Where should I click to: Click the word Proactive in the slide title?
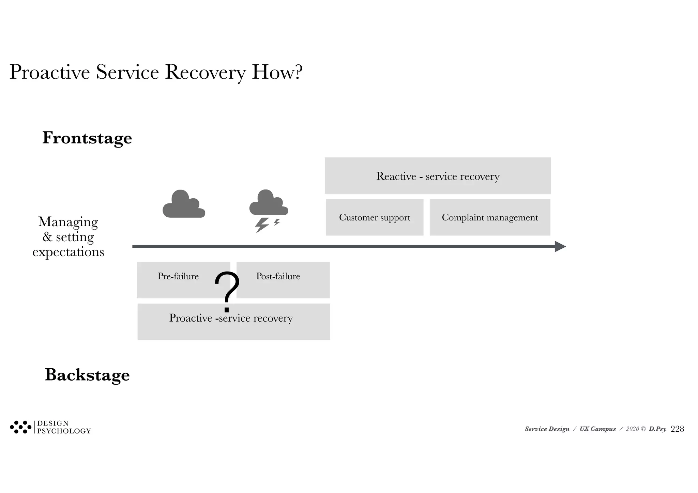point(50,72)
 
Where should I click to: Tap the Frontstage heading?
point(87,138)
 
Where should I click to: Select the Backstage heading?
point(87,375)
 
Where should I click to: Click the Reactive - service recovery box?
point(438,176)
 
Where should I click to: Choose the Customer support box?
point(375,217)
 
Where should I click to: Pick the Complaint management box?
point(490,217)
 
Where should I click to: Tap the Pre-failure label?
point(178,276)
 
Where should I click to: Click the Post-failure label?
point(278,276)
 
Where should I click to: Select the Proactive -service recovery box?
point(233,322)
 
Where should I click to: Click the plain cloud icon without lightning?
point(184,205)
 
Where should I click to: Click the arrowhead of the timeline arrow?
point(560,246)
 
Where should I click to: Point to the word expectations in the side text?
point(68,252)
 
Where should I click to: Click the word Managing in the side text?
point(68,222)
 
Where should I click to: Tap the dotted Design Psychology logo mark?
point(20,427)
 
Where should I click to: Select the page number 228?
point(677,429)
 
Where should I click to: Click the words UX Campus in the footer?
point(597,429)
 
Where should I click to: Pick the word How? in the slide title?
point(277,72)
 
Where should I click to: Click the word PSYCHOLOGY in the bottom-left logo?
point(64,431)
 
